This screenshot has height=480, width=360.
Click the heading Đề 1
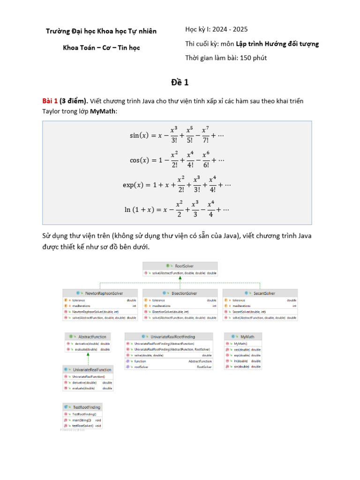(180, 82)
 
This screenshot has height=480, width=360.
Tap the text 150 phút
(253, 58)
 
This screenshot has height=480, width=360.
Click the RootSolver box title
(180, 265)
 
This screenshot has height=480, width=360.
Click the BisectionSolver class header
(180, 293)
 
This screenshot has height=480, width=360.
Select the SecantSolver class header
(262, 293)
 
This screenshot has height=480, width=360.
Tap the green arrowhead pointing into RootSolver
(180, 279)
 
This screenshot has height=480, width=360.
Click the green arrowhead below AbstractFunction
(88, 356)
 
